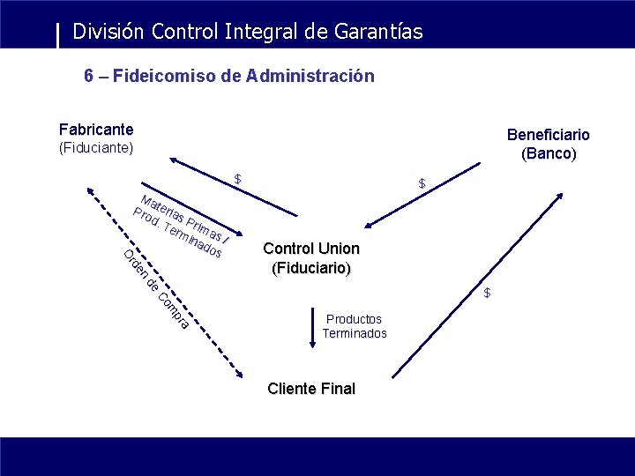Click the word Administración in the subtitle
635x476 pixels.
(x=310, y=76)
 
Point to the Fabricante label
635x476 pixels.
(x=96, y=130)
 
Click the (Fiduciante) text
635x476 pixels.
(x=96, y=147)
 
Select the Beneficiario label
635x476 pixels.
(x=548, y=135)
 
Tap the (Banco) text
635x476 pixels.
(x=548, y=153)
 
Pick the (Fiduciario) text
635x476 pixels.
(x=311, y=266)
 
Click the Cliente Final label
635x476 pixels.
(x=311, y=389)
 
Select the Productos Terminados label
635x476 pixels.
(x=354, y=326)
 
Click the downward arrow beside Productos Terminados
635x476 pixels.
(x=311, y=327)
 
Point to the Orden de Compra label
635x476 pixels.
(x=155, y=292)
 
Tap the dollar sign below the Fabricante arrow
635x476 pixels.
(x=237, y=179)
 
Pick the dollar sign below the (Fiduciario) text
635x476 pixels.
(x=486, y=293)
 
